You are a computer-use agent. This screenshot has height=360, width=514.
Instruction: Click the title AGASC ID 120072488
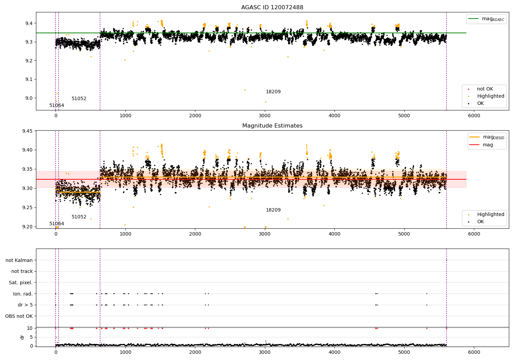(272, 8)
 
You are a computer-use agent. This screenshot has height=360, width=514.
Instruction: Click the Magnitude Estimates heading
(272, 126)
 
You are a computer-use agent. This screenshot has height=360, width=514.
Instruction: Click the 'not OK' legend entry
(485, 89)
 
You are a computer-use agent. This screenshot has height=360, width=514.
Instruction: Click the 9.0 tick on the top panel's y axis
(29, 98)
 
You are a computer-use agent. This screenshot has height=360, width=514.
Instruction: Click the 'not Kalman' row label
(19, 261)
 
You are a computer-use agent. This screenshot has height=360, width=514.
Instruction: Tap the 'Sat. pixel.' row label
(21, 283)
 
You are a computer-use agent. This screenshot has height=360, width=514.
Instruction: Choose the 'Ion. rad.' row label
(23, 294)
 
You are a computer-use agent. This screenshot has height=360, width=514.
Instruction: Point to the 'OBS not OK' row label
(19, 316)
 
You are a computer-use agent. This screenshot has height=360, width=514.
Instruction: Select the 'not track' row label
(22, 272)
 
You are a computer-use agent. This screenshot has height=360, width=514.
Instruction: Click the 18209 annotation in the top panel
(273, 92)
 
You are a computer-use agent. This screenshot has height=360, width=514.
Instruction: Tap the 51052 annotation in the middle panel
(79, 217)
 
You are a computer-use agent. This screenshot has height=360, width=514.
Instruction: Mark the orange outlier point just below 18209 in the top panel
(266, 102)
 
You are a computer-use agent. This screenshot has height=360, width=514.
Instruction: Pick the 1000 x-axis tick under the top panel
(125, 116)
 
